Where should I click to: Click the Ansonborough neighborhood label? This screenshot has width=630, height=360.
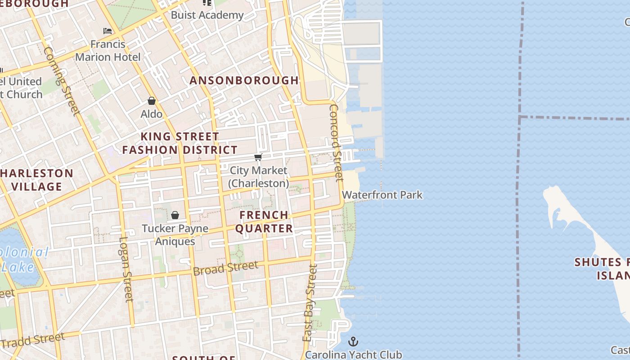pos(244,81)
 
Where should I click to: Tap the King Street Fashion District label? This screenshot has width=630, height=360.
pos(180,143)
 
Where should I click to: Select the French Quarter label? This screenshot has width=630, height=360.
pos(264,221)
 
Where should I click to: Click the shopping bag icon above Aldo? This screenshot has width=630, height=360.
pos(152,101)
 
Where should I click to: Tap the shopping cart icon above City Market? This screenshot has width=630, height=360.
pos(258,157)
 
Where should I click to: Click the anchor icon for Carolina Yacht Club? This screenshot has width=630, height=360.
pos(353,342)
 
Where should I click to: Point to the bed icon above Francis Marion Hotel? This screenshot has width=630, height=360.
pos(108,31)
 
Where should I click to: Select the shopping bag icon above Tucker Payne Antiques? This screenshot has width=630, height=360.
pos(175,215)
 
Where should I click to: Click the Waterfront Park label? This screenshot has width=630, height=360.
pos(382,195)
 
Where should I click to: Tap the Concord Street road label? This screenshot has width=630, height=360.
pos(337,142)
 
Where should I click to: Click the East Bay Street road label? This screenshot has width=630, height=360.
pos(310,303)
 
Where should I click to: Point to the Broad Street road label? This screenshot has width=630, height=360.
pos(225,268)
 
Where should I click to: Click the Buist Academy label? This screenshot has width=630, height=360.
pos(207,15)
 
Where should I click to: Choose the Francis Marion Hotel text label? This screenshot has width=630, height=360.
pos(108,50)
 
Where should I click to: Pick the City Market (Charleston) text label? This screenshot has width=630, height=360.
pos(258,177)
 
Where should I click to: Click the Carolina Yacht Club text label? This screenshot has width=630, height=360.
pos(353,355)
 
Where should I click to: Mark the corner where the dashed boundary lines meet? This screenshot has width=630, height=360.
pos(520,117)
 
